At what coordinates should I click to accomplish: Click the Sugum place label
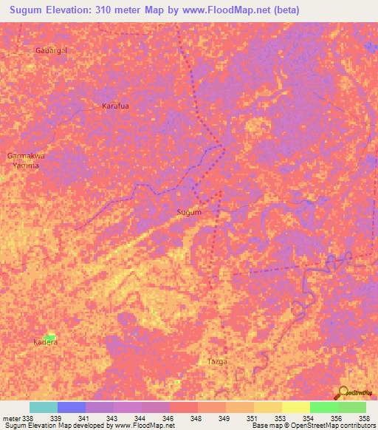pos(189,212)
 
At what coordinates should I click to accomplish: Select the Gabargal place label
pos(51,50)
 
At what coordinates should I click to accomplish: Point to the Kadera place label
pos(45,343)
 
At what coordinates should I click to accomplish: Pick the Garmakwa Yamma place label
pos(26,161)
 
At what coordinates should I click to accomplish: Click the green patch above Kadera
pos(49,335)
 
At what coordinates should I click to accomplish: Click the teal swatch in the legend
pos(44,407)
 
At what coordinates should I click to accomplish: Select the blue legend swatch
pos(72,407)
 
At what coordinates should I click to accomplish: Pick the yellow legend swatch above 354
pos(296,407)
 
